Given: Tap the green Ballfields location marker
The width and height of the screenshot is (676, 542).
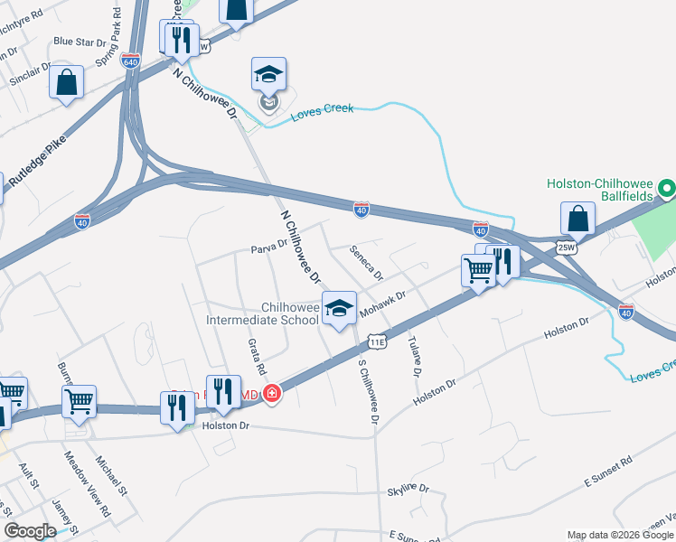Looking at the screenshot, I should (x=667, y=190).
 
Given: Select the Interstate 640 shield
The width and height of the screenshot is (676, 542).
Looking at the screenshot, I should (x=130, y=61).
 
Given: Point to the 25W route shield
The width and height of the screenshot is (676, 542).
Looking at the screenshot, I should (x=567, y=247).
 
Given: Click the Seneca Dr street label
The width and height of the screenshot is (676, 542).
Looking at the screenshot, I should (x=367, y=263).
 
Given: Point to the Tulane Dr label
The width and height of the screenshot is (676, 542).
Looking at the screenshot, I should (x=415, y=356).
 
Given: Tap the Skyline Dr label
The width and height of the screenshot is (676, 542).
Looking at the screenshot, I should (x=408, y=489).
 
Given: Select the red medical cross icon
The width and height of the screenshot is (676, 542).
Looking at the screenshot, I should (x=272, y=395).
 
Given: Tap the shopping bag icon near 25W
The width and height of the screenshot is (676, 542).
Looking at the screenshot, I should (x=577, y=219).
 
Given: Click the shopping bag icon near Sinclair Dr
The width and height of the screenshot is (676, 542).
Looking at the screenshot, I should (x=68, y=83).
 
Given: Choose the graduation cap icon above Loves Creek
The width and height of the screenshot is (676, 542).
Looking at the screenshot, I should (x=268, y=74).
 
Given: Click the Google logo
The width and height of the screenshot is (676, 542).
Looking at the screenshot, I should (x=30, y=531).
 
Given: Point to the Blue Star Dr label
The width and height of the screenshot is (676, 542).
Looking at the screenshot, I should (x=79, y=41).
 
